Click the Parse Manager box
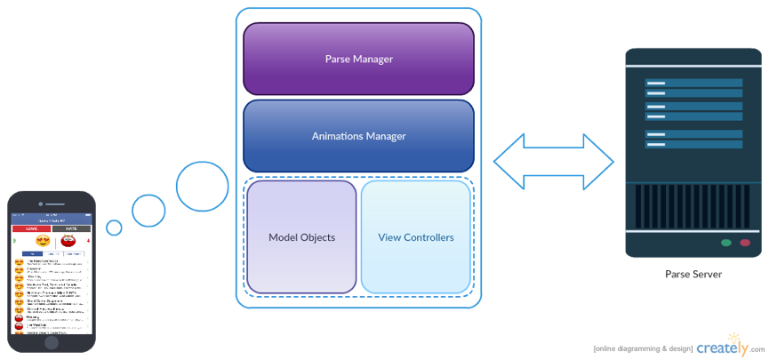358,59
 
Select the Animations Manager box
358,136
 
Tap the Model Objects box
301,237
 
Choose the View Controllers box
416,237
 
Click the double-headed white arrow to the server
554,161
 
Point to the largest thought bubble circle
202,187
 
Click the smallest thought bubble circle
114,228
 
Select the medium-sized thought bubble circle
148,210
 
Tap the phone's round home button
52,342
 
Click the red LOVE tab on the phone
31,228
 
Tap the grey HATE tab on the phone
72,228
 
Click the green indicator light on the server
726,242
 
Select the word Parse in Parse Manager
339,59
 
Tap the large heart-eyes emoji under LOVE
43,241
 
